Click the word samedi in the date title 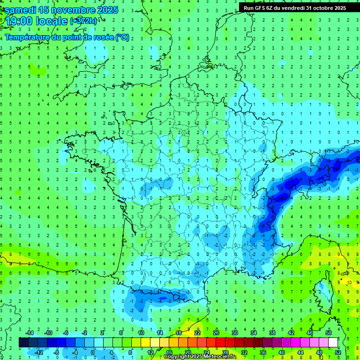click(20, 10)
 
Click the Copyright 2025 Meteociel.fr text click(199, 357)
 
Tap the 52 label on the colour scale click(337, 352)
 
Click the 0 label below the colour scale click(93, 352)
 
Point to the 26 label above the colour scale click(216, 333)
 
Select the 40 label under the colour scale click(281, 352)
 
